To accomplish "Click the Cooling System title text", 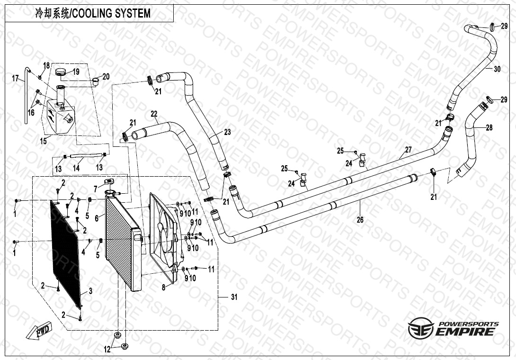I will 93,13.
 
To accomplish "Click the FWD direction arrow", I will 42,332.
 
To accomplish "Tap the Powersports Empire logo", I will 453,327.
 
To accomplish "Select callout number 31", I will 234,297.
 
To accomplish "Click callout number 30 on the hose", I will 497,69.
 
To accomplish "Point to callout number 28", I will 489,127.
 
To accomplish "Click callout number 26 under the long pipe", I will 360,220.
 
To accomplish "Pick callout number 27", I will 408,150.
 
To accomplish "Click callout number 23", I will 227,133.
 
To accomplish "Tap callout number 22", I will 154,113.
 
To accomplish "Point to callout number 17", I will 15,78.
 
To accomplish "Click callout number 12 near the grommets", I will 107,350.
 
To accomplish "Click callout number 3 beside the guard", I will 90,290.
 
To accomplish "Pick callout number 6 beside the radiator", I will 97,218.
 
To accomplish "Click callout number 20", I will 106,76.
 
